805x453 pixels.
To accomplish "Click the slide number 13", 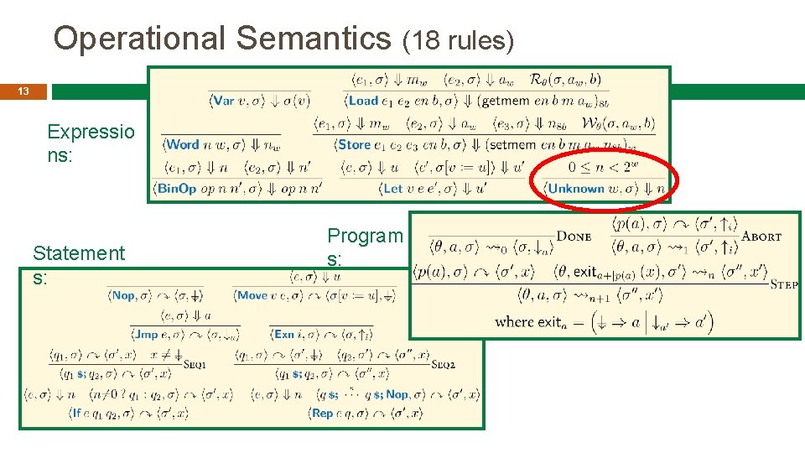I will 23,91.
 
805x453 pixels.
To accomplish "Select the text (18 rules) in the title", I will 459,40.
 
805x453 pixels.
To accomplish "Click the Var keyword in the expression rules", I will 224,101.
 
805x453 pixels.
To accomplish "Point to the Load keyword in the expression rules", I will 363,101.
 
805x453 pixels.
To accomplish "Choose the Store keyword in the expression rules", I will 355,144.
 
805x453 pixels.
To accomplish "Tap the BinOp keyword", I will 177,188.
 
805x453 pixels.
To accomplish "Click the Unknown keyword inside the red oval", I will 576,189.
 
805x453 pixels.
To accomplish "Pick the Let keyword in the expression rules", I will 392,188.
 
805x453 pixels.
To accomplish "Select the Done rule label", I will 574,237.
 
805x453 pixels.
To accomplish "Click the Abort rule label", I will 762,237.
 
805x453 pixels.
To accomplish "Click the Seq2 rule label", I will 444,364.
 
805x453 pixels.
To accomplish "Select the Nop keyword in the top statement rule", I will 123,295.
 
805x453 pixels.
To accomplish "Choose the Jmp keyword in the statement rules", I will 146,334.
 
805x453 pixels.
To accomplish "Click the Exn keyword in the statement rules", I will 284,334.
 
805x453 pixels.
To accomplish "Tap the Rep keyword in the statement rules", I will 322,414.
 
